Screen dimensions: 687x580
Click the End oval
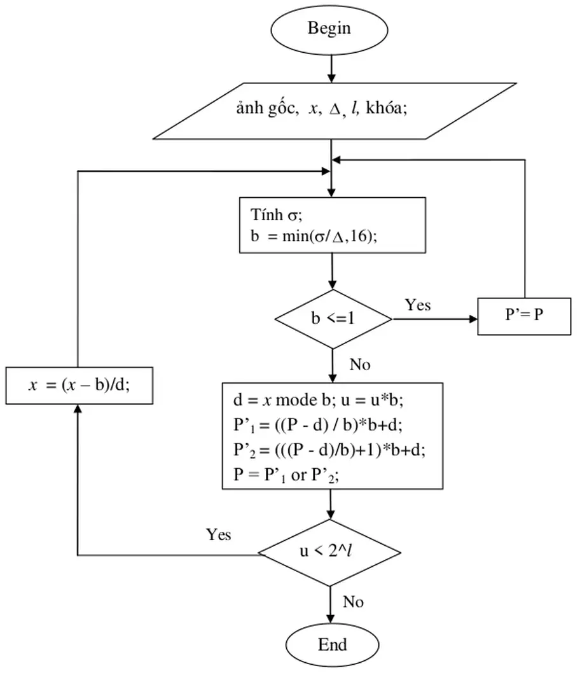(x=332, y=645)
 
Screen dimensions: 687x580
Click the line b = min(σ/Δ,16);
(x=314, y=235)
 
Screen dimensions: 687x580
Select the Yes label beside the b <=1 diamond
(x=417, y=305)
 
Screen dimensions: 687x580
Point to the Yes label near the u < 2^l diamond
(x=218, y=534)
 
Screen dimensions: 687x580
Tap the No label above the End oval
(x=353, y=602)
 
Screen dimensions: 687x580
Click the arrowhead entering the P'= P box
(x=473, y=319)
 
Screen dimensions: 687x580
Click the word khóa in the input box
(x=387, y=110)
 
